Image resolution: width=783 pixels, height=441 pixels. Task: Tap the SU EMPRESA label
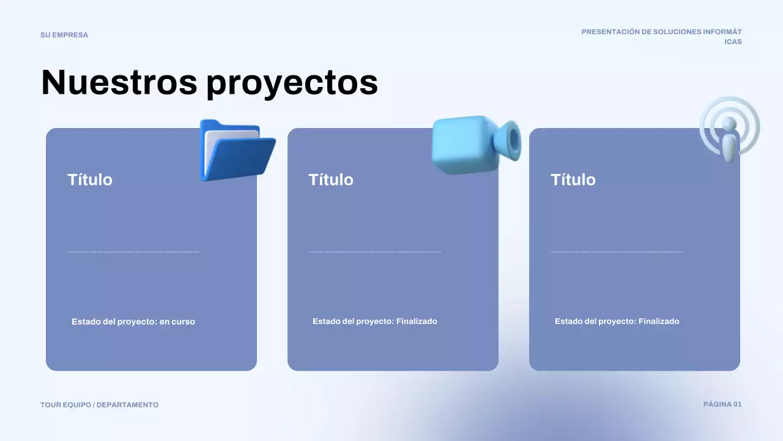click(x=64, y=35)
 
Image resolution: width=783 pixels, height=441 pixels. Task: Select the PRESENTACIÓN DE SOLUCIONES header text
click(x=661, y=32)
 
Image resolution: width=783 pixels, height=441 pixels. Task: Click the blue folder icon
click(x=236, y=151)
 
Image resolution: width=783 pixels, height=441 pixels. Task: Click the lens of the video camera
click(x=513, y=140)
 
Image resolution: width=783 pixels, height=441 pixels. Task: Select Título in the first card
click(x=90, y=179)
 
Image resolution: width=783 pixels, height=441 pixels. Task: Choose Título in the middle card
click(x=331, y=179)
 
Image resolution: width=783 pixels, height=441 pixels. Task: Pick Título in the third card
click(x=573, y=179)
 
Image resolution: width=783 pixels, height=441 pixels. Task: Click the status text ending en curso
click(x=133, y=322)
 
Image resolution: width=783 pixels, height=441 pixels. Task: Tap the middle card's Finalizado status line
click(x=374, y=322)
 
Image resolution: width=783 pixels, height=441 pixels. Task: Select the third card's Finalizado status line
click(x=617, y=322)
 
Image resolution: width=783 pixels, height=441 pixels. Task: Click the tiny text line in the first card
click(x=133, y=252)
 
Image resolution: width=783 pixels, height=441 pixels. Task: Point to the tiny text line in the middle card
click(x=374, y=252)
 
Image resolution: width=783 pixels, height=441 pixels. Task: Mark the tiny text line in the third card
click(x=617, y=252)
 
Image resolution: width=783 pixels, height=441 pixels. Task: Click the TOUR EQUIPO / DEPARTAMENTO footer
click(x=99, y=405)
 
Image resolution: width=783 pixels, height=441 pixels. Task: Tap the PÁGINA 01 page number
click(x=722, y=404)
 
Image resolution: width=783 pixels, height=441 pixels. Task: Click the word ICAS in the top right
click(x=733, y=42)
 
